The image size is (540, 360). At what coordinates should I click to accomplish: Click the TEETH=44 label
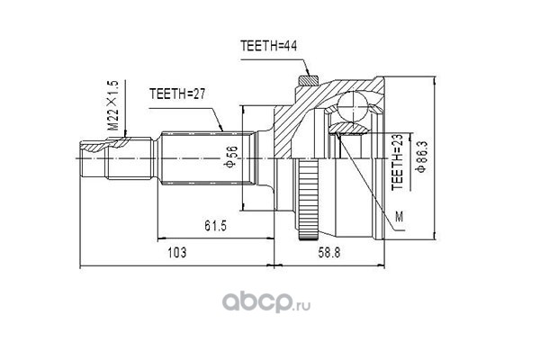268,46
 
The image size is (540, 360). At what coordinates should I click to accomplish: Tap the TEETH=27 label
177,94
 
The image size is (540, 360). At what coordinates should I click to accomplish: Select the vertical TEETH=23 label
397,162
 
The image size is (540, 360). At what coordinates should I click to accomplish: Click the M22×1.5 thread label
112,105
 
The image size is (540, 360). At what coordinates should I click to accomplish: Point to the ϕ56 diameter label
230,157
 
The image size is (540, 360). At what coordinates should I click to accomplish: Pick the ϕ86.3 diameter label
421,156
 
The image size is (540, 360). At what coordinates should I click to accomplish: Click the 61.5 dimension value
216,226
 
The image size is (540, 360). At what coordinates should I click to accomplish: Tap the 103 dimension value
177,253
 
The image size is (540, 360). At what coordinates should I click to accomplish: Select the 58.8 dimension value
328,253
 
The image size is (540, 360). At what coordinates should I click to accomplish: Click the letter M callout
399,217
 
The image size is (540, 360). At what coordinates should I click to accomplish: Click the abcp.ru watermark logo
265,301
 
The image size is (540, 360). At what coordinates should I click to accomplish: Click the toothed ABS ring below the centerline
308,199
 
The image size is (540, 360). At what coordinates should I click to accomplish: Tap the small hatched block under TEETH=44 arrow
308,81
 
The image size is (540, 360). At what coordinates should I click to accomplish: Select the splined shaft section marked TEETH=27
209,158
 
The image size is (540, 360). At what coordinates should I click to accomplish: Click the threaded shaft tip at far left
93,158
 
